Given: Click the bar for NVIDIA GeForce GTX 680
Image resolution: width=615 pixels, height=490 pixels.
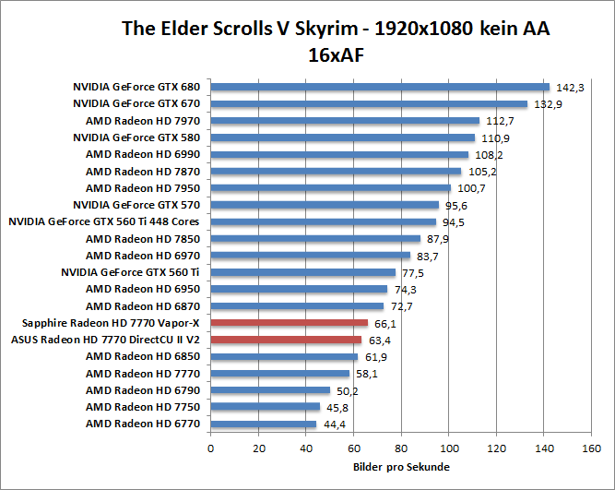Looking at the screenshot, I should click(x=380, y=88).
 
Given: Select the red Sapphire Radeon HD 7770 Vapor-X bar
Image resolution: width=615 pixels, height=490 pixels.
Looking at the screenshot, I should click(x=290, y=323).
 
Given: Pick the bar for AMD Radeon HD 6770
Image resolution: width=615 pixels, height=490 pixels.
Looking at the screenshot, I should click(x=264, y=424).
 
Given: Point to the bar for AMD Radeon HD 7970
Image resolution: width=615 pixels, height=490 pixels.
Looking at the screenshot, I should click(x=345, y=121).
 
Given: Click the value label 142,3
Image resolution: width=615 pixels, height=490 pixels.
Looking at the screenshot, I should click(x=570, y=88).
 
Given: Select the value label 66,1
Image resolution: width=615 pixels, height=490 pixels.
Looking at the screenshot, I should click(x=387, y=324).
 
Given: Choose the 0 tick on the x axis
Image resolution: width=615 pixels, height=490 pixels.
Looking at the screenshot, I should click(x=211, y=449).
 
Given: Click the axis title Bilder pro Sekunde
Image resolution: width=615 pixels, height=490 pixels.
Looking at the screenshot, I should click(x=401, y=467).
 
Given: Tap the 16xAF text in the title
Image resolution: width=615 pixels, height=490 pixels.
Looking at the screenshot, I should click(x=337, y=54).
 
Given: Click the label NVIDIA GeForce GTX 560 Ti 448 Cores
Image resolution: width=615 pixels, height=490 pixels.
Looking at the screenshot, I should click(x=103, y=221).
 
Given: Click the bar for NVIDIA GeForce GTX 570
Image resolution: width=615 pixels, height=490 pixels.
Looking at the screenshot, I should click(x=325, y=205).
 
